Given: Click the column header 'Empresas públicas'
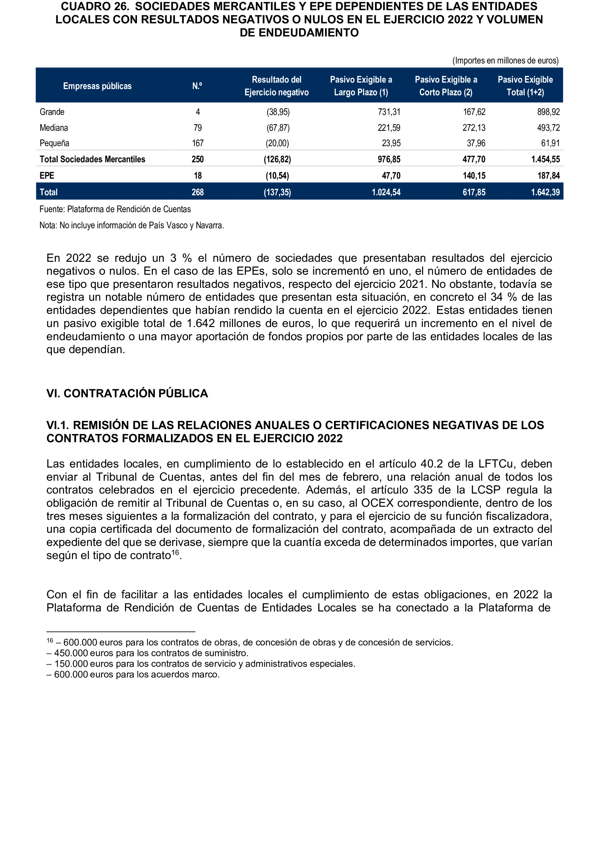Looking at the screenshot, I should point(97,86).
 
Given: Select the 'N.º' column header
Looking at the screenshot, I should point(197,86).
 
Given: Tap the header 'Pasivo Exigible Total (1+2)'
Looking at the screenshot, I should point(525,86).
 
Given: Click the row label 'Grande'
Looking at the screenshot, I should point(52,112).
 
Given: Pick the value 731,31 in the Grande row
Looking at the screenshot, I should point(389,112).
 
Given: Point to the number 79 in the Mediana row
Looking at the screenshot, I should point(198,128).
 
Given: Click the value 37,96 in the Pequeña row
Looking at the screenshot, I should point(476,143).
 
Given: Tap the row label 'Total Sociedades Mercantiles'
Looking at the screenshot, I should point(92,159).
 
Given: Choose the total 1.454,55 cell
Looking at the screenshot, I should point(545,159).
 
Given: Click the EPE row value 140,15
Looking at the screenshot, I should point(474,176).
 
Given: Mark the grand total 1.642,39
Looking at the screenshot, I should point(545,192).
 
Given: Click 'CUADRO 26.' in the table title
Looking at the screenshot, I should point(95,7).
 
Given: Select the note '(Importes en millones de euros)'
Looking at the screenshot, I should point(505,60).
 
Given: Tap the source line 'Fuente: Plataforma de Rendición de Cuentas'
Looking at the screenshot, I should point(115,209).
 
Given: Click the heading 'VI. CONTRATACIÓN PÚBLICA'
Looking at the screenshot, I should point(127,393).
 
